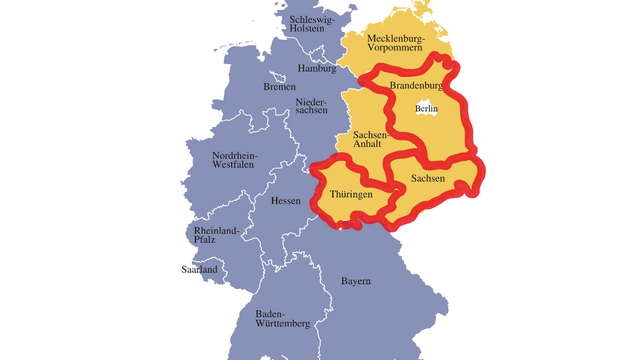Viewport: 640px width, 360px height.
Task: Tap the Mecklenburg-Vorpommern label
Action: click(x=395, y=42)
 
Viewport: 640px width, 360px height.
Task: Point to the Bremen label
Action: click(x=280, y=87)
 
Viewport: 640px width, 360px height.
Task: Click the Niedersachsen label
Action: click(x=311, y=107)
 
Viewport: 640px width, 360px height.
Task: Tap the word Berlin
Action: click(x=427, y=108)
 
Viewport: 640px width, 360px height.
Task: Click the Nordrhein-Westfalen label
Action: click(x=235, y=161)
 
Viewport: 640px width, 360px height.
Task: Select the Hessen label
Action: click(x=286, y=201)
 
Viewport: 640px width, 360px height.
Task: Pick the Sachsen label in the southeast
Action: click(x=427, y=179)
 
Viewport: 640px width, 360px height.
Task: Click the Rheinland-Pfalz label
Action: click(x=217, y=236)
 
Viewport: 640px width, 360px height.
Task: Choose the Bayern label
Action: click(x=356, y=282)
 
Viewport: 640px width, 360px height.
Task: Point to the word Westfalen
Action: click(x=235, y=166)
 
